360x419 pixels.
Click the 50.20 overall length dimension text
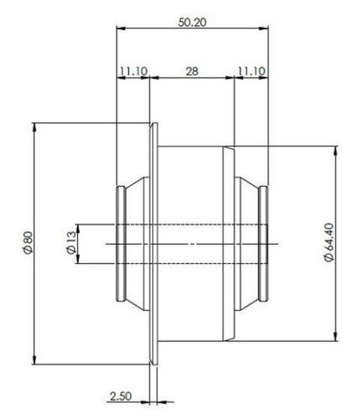pos(192,22)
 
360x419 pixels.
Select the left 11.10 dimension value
pos(133,71)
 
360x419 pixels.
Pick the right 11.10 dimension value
pos(251,71)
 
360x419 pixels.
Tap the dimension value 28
pos(192,71)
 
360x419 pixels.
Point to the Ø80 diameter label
pos(29,242)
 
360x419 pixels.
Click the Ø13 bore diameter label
pos(71,242)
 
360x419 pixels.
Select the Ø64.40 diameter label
pos(329,242)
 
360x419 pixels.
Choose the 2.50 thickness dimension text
pos(120,396)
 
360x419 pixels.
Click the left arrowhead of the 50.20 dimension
pos(121,29)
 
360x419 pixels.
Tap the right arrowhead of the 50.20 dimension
pos(264,29)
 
